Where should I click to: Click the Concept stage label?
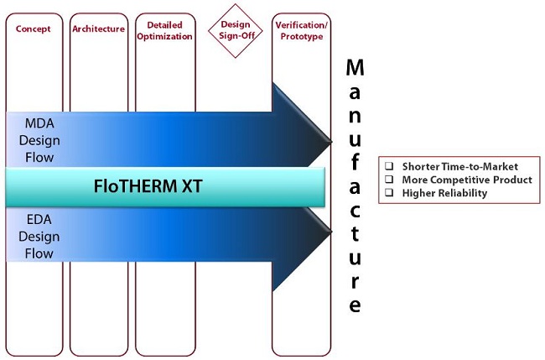(33, 29)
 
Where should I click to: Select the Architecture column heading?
(98, 29)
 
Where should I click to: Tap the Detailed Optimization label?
(164, 30)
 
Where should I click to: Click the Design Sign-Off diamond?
(236, 30)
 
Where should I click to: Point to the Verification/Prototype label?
(301, 30)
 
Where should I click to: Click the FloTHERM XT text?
(148, 186)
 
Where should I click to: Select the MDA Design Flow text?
(39, 140)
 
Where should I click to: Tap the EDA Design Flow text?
(39, 236)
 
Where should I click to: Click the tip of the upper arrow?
(332, 142)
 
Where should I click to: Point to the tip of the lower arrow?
(332, 232)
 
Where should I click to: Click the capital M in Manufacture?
(355, 67)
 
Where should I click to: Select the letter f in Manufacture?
(354, 162)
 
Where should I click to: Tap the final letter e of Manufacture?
(355, 305)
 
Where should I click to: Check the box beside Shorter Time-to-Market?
(389, 165)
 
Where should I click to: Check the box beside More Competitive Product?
(389, 179)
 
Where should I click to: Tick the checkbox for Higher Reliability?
(389, 192)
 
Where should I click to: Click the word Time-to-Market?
(480, 167)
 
